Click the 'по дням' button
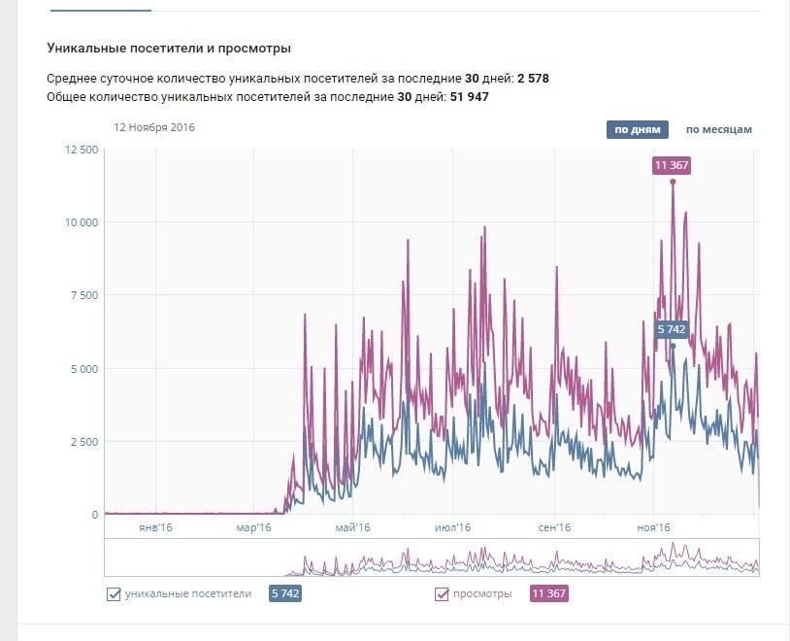pos(638,129)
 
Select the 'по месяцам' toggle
pos(718,129)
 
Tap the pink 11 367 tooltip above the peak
pos(672,165)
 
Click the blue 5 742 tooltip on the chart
pos(672,329)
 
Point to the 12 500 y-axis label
pos(82,150)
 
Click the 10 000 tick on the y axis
pos(82,222)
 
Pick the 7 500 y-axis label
pos(85,295)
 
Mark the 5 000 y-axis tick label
pos(85,369)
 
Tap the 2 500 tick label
pos(85,442)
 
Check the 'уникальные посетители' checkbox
pos(114,594)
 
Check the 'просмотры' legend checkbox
pos(442,594)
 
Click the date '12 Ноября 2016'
pos(154,126)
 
